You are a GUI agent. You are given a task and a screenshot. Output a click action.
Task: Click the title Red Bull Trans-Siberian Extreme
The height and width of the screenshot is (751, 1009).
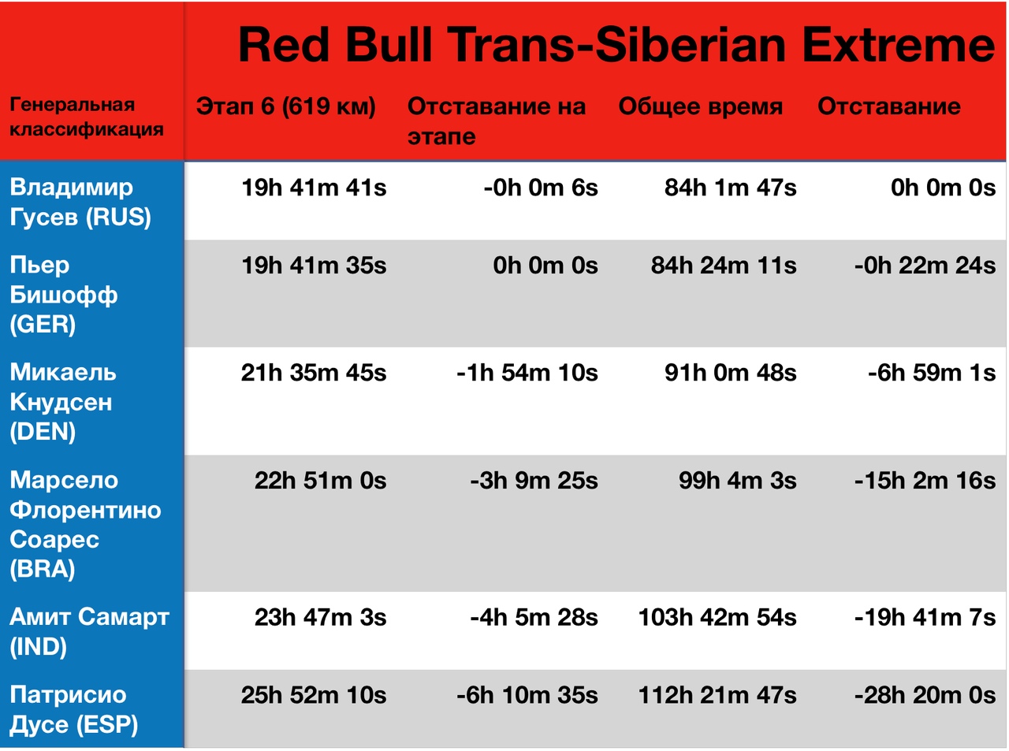point(617,45)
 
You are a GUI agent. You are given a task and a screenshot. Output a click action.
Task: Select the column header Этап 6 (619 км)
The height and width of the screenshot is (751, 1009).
point(285,106)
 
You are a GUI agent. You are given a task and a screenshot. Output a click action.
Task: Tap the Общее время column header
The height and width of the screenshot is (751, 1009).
point(700,107)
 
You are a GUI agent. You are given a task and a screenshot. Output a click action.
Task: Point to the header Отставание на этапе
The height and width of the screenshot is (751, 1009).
point(497,121)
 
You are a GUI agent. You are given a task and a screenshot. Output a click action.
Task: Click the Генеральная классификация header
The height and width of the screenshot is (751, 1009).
point(87,117)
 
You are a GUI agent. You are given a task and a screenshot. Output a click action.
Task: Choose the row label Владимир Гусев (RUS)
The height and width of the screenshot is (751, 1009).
point(80,202)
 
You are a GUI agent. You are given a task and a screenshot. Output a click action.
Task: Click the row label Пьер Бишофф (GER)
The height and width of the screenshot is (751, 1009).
point(64,294)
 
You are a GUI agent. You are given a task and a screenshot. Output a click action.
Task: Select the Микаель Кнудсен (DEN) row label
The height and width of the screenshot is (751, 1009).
point(63,402)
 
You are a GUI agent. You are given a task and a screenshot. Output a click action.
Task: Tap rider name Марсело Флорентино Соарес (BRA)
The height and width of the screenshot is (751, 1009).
point(85,524)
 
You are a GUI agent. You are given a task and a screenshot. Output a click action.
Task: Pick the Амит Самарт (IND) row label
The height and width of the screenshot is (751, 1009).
point(90,632)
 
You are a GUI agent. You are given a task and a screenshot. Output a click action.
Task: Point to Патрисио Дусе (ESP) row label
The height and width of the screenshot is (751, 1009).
point(74,709)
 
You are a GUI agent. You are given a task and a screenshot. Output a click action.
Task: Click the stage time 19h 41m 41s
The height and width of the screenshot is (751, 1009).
point(314,188)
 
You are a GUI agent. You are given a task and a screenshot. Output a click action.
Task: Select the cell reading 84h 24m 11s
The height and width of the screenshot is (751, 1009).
point(724,266)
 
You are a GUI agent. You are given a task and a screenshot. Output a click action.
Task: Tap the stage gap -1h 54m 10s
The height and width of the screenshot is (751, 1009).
point(527,373)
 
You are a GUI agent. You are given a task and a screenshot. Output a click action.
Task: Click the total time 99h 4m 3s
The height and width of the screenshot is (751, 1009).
point(737,481)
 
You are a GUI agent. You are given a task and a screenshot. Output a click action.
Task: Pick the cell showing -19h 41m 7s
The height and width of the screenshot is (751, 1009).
point(925,617)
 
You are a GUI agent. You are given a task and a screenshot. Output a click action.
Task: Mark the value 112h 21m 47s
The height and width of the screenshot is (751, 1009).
point(717,695)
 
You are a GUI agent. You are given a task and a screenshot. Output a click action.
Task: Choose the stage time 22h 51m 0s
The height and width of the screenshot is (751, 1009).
point(321,481)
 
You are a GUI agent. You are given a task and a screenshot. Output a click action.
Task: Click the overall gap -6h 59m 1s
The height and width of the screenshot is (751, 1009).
point(932,373)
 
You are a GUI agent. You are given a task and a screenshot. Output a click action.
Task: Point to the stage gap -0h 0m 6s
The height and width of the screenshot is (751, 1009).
point(541,188)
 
